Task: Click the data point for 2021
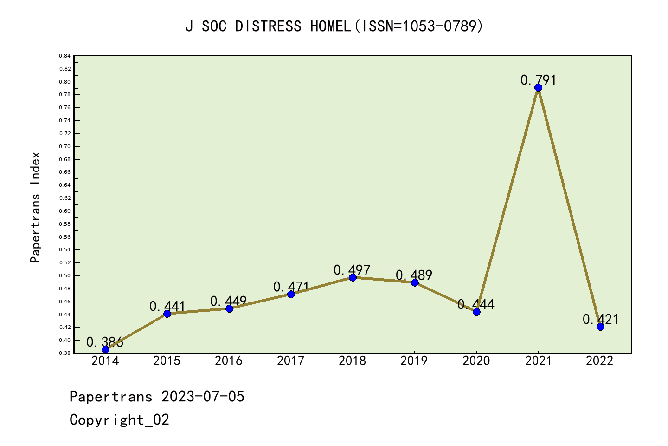pos(538,88)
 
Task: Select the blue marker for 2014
pos(105,349)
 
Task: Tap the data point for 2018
pos(353,277)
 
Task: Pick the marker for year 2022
pos(600,327)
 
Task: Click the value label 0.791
pos(538,80)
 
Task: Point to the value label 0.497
pos(352,270)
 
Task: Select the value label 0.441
pos(167,307)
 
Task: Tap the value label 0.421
pos(600,319)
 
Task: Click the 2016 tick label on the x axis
pos(229,361)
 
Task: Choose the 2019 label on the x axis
pos(414,361)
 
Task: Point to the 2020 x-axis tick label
pos(476,361)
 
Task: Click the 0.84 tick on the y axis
pos(65,56)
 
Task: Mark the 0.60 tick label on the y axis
pos(65,211)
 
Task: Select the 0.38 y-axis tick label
pos(65,353)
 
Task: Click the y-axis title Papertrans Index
pos(35,207)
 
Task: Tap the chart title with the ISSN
pos(334,26)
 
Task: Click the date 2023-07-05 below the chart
pos(203,397)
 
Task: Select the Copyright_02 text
pos(119,420)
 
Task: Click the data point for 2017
pos(291,294)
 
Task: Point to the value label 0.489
pos(414,275)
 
